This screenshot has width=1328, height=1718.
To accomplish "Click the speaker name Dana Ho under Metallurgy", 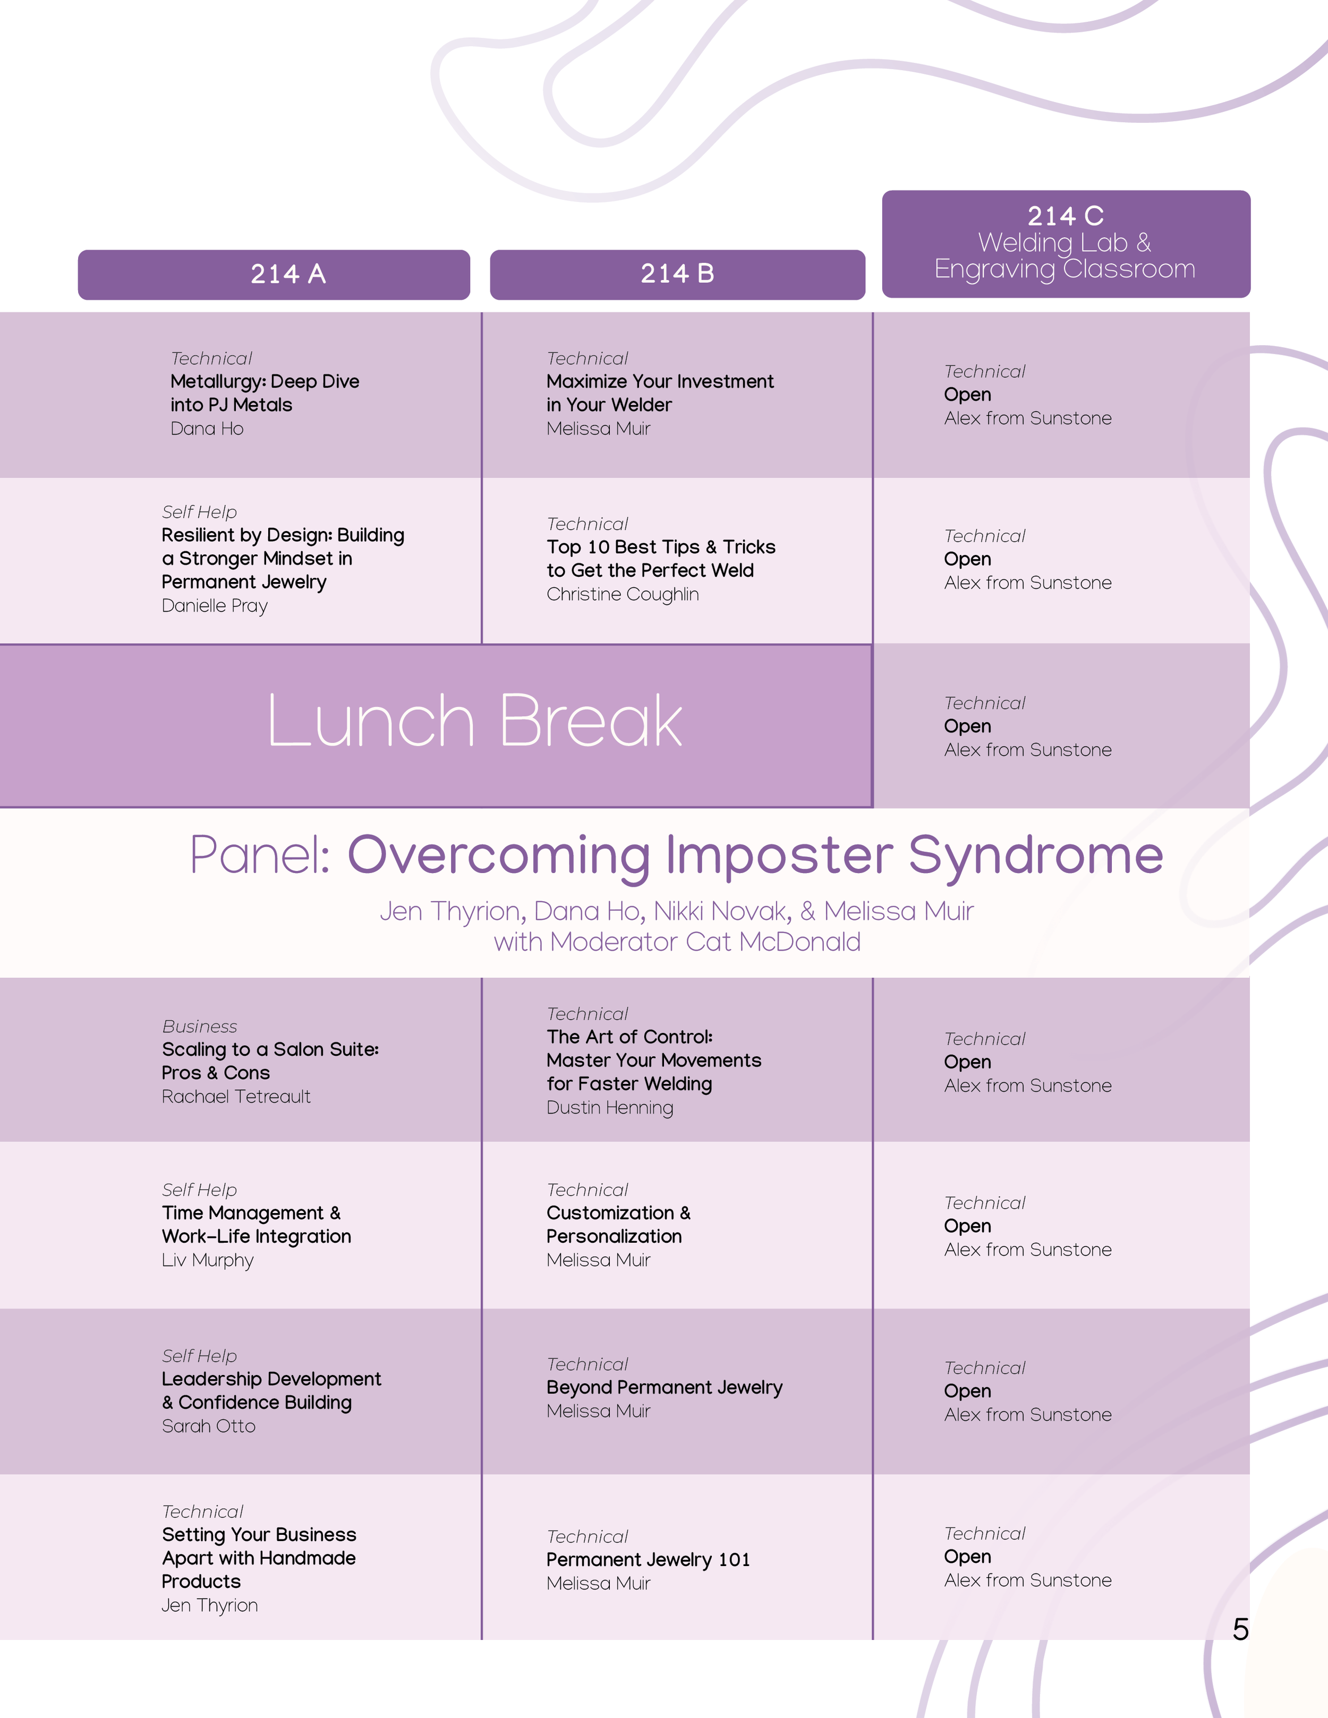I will (207, 429).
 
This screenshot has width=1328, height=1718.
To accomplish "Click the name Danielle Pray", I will (214, 606).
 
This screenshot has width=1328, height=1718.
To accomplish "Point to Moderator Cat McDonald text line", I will (677, 942).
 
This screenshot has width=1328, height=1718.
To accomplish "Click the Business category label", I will (199, 1027).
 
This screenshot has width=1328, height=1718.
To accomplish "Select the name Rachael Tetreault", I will (236, 1097).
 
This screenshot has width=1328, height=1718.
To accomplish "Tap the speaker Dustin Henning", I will (610, 1108).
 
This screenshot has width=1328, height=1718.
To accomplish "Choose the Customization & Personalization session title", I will (618, 1225).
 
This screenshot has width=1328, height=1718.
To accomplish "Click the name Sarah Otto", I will (208, 1426).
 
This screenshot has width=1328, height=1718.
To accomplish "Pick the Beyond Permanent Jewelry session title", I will (664, 1388).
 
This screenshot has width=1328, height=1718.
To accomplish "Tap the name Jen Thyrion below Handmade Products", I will (209, 1605).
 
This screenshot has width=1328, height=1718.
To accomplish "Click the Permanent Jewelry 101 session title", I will (648, 1560).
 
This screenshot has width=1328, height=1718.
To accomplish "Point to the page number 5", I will (1240, 1629).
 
